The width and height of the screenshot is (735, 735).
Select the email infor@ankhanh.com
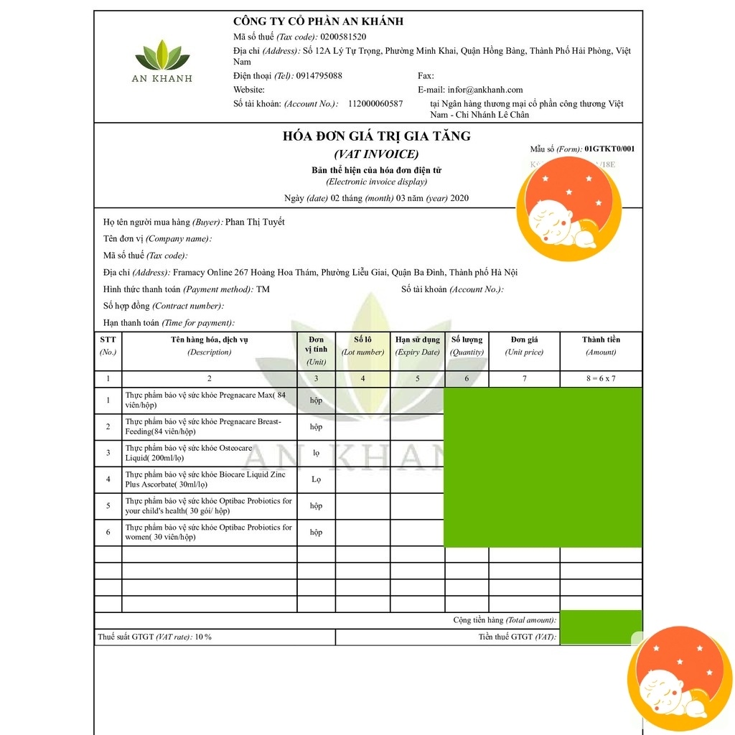(485, 90)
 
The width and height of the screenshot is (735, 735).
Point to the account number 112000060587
(375, 104)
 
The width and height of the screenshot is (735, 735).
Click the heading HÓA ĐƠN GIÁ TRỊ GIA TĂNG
(377, 136)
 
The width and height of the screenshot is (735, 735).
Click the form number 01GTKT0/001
(609, 149)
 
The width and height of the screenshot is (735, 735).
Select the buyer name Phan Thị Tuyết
(255, 222)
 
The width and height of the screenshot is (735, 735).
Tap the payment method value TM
(263, 289)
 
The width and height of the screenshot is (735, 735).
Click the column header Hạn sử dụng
(418, 340)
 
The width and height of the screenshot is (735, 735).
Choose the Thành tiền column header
(601, 340)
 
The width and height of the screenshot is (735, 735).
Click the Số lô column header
(363, 340)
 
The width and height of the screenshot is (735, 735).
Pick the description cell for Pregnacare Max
(210, 401)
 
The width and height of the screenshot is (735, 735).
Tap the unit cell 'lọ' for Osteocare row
(316, 453)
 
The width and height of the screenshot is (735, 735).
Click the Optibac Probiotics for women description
(209, 532)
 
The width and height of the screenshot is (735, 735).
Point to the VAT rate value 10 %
(203, 637)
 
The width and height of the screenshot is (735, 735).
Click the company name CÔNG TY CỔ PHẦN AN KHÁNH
(318, 22)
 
